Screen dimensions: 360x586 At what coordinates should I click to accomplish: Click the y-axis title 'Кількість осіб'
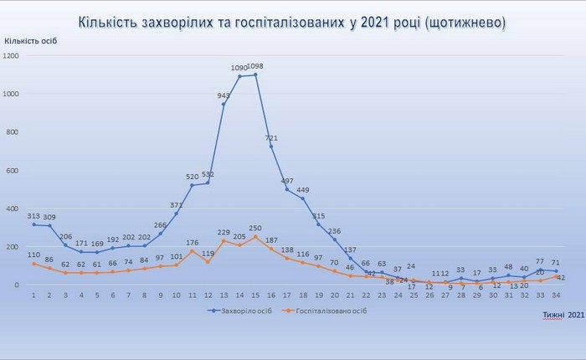click(x=33, y=40)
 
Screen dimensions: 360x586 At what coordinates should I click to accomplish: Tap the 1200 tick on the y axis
click(x=12, y=55)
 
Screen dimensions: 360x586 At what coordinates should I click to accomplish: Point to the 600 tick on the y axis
click(x=13, y=171)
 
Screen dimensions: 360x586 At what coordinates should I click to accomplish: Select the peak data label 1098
click(x=256, y=66)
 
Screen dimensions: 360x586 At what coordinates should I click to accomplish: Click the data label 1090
click(x=239, y=67)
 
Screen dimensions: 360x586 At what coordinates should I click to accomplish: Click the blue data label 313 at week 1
click(x=33, y=214)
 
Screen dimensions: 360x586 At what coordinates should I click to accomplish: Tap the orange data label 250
click(x=255, y=227)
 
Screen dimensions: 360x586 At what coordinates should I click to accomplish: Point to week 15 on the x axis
click(x=255, y=295)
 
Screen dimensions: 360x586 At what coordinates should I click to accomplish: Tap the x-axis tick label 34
click(x=556, y=295)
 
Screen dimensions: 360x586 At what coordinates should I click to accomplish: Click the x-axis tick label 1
click(x=33, y=295)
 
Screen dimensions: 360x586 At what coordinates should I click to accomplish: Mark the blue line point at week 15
click(x=255, y=75)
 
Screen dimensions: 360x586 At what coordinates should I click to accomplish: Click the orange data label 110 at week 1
click(x=33, y=254)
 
